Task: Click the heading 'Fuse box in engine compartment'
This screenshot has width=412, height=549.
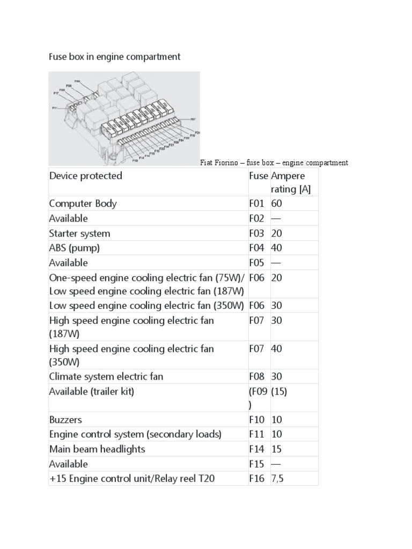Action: (115, 56)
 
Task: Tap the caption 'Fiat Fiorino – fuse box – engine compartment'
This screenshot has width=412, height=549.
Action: (274, 162)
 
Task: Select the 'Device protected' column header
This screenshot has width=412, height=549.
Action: (86, 176)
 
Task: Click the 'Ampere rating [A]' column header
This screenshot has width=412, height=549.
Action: (290, 182)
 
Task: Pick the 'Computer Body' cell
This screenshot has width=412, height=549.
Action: (83, 204)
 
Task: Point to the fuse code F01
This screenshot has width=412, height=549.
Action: (257, 204)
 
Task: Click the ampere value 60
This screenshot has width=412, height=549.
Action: (277, 204)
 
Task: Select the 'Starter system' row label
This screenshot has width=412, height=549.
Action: (79, 233)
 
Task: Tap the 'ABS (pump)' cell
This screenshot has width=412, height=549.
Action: (75, 248)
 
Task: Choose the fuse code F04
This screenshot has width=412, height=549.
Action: (257, 248)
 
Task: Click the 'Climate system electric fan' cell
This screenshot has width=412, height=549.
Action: (106, 376)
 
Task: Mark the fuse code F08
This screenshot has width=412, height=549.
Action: (257, 376)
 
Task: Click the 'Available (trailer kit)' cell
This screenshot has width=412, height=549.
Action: (91, 391)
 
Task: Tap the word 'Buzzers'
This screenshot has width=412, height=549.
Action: (65, 420)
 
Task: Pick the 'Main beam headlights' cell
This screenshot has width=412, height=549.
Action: (97, 449)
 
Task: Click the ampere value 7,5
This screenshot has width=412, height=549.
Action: (277, 478)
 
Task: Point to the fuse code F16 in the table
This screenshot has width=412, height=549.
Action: (257, 478)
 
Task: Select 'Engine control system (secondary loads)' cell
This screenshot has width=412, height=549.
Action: (135, 434)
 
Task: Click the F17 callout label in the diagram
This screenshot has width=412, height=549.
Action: (56, 93)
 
